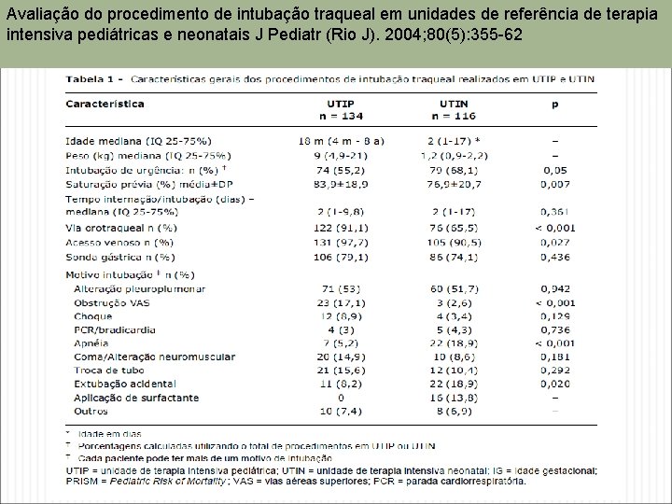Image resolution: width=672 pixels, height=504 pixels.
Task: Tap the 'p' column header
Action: (555, 105)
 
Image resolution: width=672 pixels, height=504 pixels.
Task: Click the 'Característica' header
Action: (105, 105)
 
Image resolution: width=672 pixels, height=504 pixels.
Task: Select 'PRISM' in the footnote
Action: (85, 482)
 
